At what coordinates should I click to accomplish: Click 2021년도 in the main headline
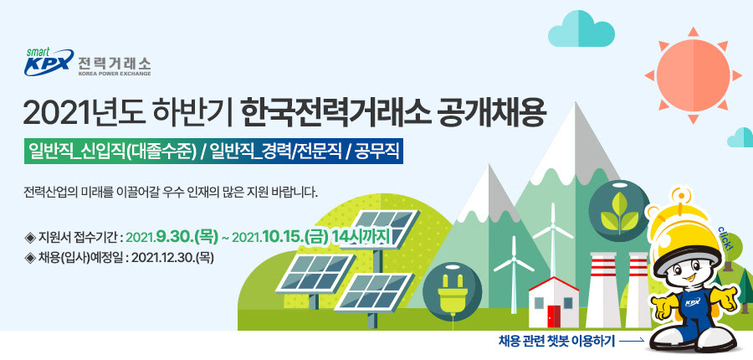click(81, 113)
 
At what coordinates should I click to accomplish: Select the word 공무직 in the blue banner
click(376, 151)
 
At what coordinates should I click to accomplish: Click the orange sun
click(693, 75)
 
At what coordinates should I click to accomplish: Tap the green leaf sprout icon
click(619, 211)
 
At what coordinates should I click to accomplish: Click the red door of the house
click(554, 316)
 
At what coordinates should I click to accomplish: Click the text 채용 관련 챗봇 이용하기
click(556, 342)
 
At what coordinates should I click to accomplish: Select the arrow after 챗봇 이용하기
click(632, 342)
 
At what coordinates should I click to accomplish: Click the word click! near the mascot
click(725, 239)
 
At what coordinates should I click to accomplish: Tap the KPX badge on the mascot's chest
click(692, 302)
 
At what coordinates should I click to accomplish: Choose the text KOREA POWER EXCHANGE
click(114, 74)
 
